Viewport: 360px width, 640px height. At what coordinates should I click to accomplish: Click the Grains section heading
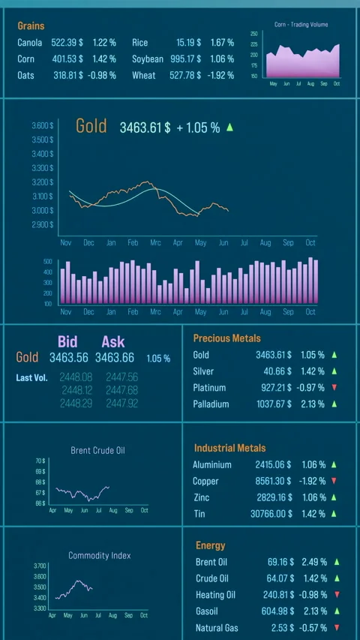click(x=31, y=26)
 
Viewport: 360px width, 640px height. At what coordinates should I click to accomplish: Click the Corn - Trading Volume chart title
click(x=301, y=25)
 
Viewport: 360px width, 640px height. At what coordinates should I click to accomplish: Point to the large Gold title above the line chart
click(x=91, y=126)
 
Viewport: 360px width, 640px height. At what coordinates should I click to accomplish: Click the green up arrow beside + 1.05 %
click(x=229, y=128)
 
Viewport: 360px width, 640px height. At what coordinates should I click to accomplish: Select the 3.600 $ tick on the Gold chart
click(x=43, y=125)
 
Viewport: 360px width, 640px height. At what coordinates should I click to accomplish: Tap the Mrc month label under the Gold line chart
click(x=155, y=243)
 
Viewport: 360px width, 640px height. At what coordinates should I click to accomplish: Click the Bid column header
click(x=67, y=342)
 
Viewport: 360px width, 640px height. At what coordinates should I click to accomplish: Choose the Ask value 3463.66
click(x=115, y=358)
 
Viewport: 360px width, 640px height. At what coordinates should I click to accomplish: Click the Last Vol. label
click(x=31, y=377)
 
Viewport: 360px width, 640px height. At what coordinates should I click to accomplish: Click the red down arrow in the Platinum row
click(x=334, y=388)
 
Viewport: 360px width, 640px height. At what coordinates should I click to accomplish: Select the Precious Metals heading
click(x=226, y=338)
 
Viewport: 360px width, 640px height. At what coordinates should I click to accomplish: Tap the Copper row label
click(x=205, y=481)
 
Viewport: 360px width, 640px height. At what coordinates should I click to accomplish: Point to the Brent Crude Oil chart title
click(x=98, y=450)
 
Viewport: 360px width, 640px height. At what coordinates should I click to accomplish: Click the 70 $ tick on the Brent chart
click(x=40, y=461)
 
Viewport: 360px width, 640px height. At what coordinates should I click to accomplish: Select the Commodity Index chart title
click(x=99, y=555)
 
